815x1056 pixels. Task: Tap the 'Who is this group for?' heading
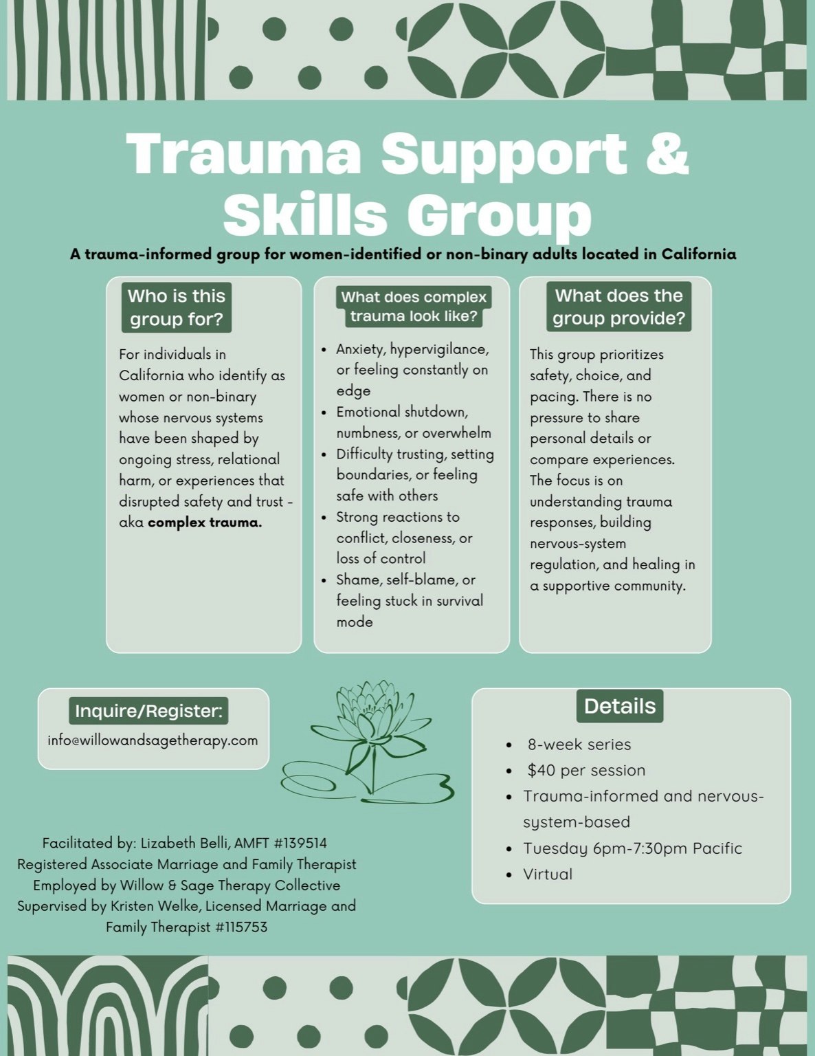coord(177,307)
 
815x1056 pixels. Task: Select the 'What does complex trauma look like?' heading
coord(414,307)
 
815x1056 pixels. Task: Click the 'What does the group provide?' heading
coord(618,307)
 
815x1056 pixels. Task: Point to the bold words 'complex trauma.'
coord(205,522)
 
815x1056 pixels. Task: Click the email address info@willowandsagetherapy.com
coord(153,740)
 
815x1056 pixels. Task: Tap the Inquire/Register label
coord(149,711)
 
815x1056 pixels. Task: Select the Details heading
coord(620,706)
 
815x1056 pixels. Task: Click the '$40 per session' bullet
coord(586,770)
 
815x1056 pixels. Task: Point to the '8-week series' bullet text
coord(579,745)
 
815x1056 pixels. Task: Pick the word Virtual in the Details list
coord(548,874)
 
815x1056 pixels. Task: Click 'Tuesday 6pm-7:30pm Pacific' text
coord(632,848)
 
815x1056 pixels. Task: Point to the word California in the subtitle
coord(698,254)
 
